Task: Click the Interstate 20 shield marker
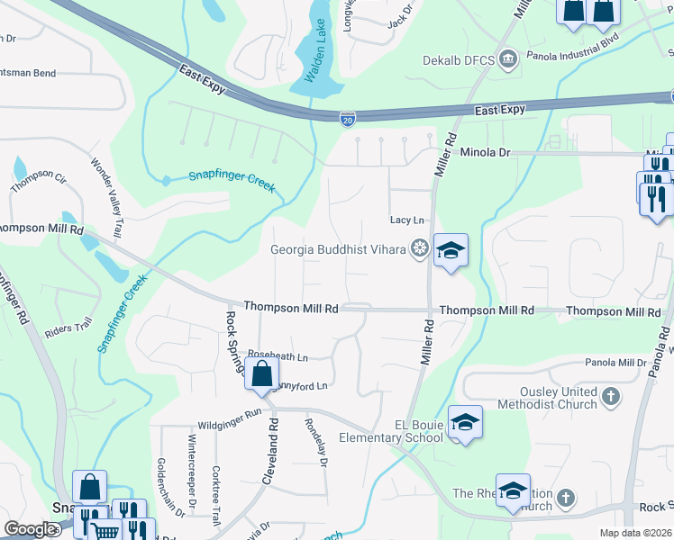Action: click(x=348, y=118)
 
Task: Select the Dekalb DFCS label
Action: click(x=459, y=61)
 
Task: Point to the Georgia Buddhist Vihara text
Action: click(x=340, y=249)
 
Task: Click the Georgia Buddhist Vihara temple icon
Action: click(x=419, y=248)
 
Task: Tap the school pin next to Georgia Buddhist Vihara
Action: click(x=451, y=250)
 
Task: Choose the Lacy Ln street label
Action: click(x=406, y=220)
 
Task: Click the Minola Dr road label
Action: click(x=486, y=153)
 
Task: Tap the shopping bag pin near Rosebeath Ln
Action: click(x=261, y=373)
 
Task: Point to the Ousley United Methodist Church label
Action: click(x=559, y=398)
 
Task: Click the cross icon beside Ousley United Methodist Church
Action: click(x=610, y=397)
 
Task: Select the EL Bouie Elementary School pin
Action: click(x=465, y=422)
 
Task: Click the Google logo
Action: click(x=31, y=529)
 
